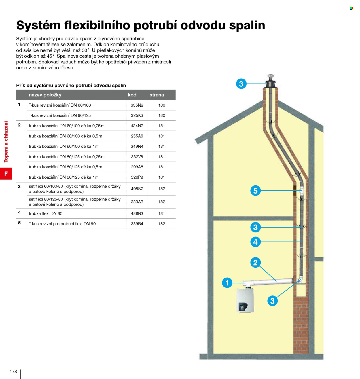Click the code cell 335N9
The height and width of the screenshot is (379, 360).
click(137, 105)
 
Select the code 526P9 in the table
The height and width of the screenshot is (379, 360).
click(137, 177)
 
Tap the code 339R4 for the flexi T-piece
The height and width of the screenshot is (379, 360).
click(137, 223)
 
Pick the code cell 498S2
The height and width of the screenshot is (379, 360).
click(137, 189)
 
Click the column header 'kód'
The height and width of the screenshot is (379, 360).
click(132, 95)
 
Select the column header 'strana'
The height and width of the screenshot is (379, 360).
click(157, 95)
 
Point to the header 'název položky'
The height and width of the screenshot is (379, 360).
click(45, 95)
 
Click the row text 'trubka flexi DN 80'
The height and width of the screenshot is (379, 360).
click(46, 213)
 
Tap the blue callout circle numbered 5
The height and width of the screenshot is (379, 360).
click(255, 191)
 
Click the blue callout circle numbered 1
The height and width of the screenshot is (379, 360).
click(227, 283)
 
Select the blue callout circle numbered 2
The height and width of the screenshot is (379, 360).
click(255, 262)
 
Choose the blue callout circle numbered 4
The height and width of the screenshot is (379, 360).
click(255, 242)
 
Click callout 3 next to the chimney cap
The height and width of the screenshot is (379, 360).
click(241, 84)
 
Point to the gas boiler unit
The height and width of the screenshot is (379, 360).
click(245, 300)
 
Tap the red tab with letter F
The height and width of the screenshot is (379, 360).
click(6, 173)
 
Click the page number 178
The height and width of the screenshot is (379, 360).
click(13, 371)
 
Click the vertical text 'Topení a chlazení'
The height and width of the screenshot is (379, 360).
click(6, 142)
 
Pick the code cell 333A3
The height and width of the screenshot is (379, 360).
click(137, 202)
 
